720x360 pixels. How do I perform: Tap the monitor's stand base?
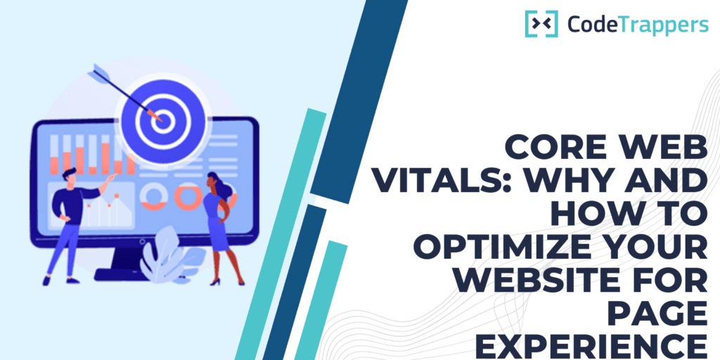[120, 275]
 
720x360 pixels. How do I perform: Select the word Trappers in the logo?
[657, 24]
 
